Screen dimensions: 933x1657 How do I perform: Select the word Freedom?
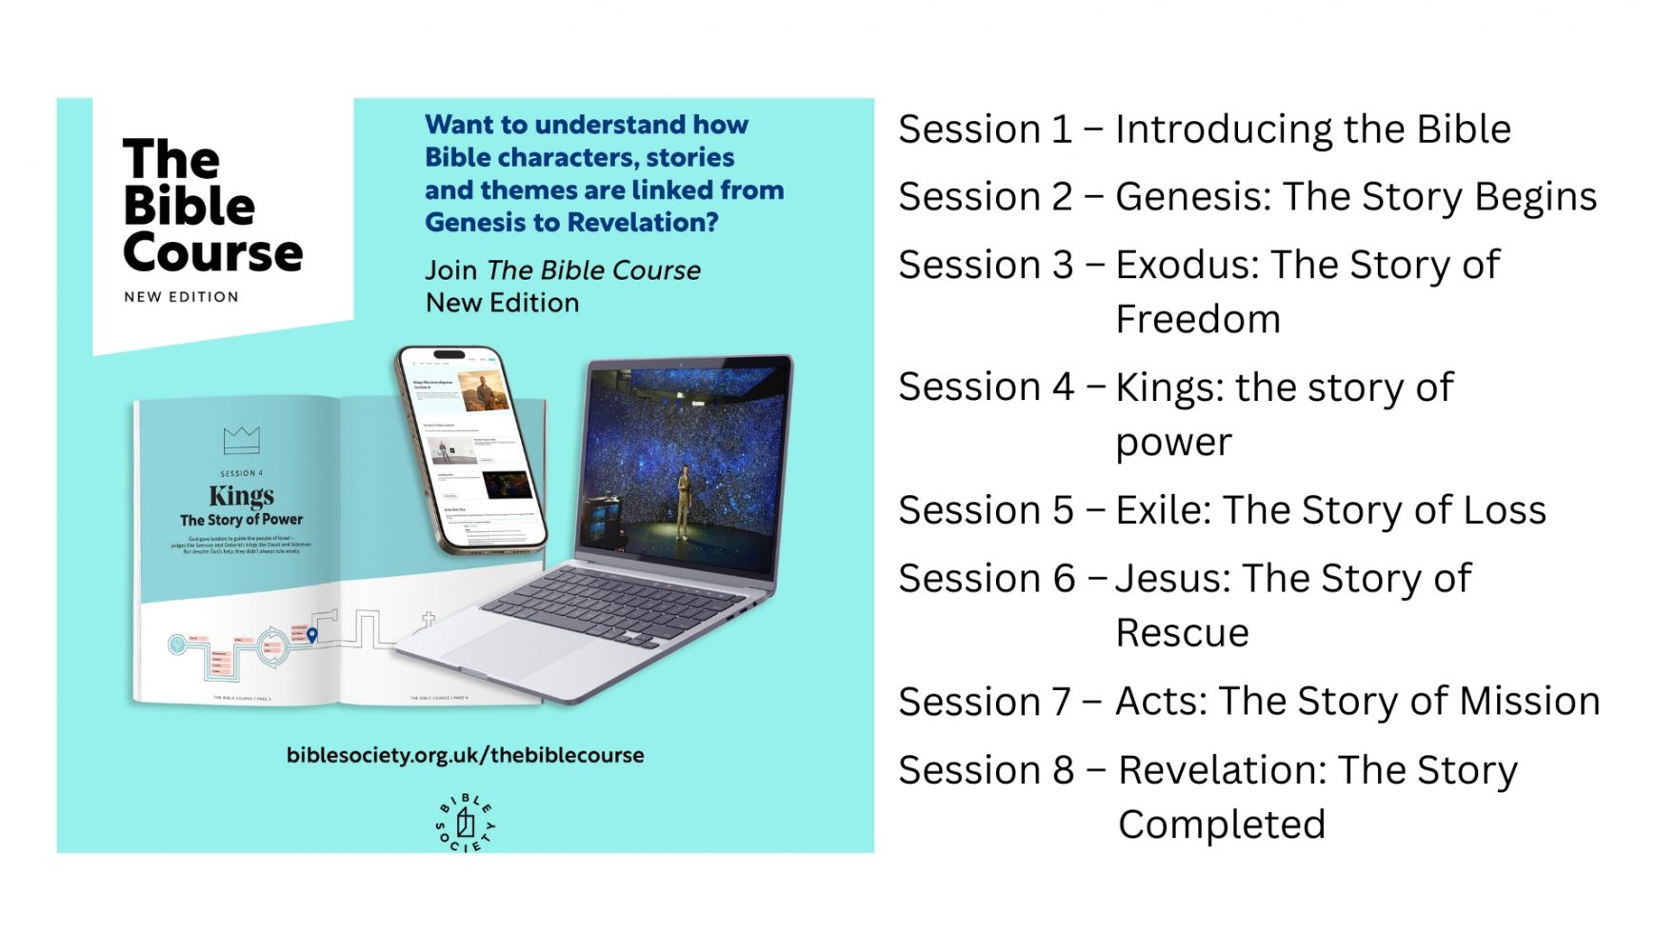tap(1197, 320)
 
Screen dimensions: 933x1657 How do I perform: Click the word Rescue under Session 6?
tap(1182, 633)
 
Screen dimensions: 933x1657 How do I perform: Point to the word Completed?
tap(1222, 824)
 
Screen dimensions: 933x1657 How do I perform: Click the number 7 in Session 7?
tap(1061, 703)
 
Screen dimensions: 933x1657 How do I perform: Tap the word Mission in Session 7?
tap(1529, 702)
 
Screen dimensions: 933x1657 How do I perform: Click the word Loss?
tap(1505, 510)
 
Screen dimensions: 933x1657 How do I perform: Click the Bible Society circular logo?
tap(466, 822)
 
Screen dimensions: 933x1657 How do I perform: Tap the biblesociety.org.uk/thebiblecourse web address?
tap(465, 755)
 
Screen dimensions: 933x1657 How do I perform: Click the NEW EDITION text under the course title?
tap(181, 297)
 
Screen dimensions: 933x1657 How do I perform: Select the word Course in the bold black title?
tap(212, 253)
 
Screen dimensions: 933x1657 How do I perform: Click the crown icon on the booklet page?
tap(241, 440)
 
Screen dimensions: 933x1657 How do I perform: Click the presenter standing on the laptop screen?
tap(684, 500)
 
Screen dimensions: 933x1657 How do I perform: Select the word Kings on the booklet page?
tap(241, 496)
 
